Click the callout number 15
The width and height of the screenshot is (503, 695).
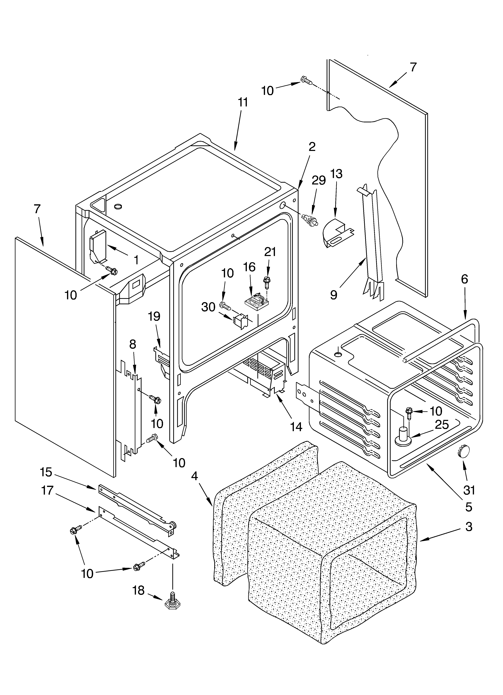point(46,472)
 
